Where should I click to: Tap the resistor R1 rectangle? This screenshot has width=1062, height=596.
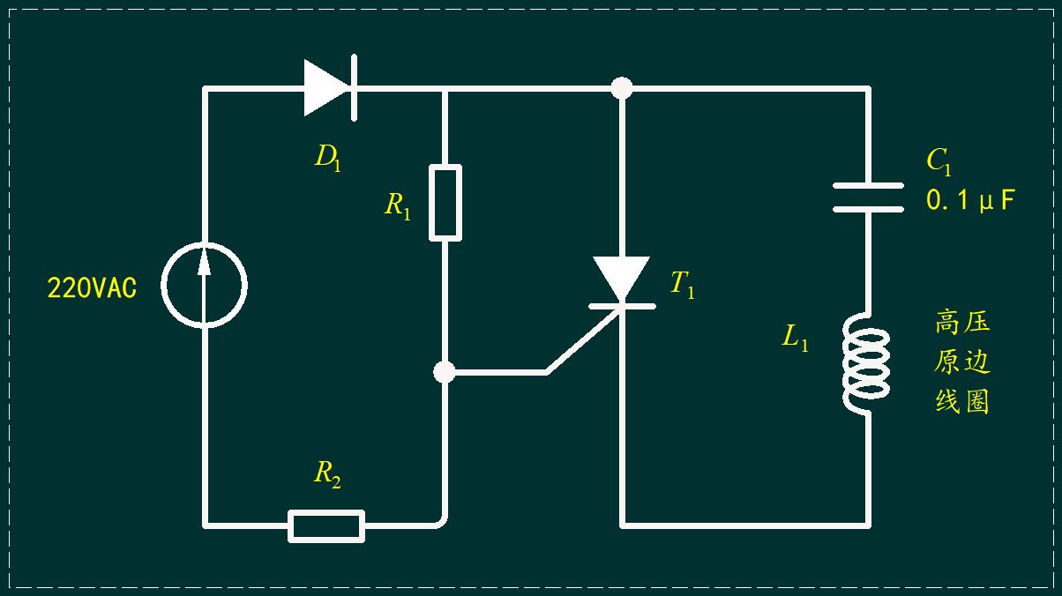pyautogui.click(x=445, y=203)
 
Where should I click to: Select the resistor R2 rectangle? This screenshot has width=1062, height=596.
pyautogui.click(x=326, y=525)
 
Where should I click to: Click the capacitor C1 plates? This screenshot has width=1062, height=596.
pyautogui.click(x=868, y=197)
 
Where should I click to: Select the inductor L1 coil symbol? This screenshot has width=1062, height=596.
pyautogui.click(x=865, y=363)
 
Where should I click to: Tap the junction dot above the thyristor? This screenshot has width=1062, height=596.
pyautogui.click(x=622, y=88)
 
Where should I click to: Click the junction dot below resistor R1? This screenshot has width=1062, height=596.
pyautogui.click(x=445, y=372)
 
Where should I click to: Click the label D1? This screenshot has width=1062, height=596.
pyautogui.click(x=327, y=157)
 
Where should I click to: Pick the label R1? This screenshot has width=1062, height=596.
pyautogui.click(x=397, y=206)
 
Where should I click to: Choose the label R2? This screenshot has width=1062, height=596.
pyautogui.click(x=327, y=473)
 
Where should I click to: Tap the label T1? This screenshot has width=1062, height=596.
pyautogui.click(x=683, y=284)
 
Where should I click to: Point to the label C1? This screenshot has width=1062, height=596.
pyautogui.click(x=939, y=161)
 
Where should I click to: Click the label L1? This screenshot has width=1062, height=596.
pyautogui.click(x=795, y=338)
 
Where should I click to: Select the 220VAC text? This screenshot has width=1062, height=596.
pyautogui.click(x=92, y=287)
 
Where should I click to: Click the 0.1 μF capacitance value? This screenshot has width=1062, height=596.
pyautogui.click(x=970, y=199)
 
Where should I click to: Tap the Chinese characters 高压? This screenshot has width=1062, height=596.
pyautogui.click(x=962, y=322)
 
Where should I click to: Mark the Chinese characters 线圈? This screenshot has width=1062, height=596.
pyautogui.click(x=962, y=401)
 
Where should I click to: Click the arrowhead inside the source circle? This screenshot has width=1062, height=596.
pyautogui.click(x=205, y=262)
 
